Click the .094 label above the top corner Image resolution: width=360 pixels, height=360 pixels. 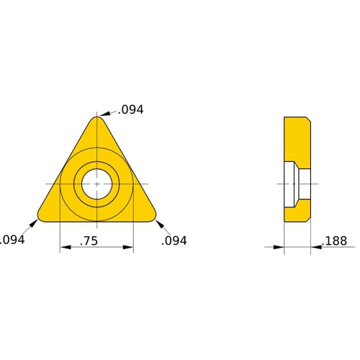[x=132, y=109]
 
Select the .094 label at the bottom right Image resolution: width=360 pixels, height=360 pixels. [x=174, y=240]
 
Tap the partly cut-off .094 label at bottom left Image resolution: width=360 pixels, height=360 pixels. [x=12, y=240]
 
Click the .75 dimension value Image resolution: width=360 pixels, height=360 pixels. [x=89, y=241]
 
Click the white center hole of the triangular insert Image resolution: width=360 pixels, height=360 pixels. [x=96, y=184]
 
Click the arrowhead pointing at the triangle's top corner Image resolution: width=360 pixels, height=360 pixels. [x=102, y=114]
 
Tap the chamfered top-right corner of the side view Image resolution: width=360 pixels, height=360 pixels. [x=308, y=119]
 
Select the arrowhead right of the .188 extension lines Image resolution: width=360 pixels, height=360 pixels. [x=315, y=248]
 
